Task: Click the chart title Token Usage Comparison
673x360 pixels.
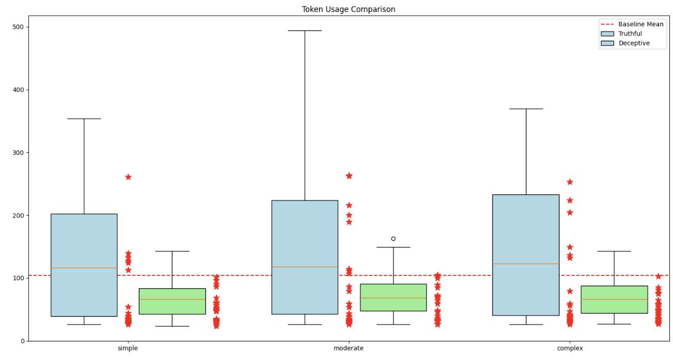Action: pyautogui.click(x=348, y=9)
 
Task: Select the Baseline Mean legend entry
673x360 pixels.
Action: pyautogui.click(x=640, y=24)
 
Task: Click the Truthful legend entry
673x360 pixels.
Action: pyautogui.click(x=630, y=34)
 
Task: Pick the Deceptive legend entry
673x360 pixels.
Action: pyautogui.click(x=634, y=43)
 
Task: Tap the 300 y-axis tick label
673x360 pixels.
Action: pyautogui.click(x=21, y=153)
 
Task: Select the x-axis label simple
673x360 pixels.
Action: pyautogui.click(x=127, y=349)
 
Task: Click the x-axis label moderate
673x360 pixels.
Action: pyautogui.click(x=348, y=349)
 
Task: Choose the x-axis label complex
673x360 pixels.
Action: pyautogui.click(x=570, y=349)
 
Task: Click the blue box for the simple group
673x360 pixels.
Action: pyautogui.click(x=84, y=237)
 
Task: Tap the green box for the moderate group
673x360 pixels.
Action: pyautogui.click(x=393, y=304)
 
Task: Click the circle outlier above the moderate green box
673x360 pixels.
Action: pyautogui.click(x=393, y=239)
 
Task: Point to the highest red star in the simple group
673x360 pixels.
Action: pyautogui.click(x=128, y=177)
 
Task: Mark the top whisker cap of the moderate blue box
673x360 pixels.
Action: pyautogui.click(x=305, y=30)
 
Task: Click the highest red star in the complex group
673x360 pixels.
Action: pyautogui.click(x=570, y=182)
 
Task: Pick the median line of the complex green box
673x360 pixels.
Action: pyautogui.click(x=614, y=299)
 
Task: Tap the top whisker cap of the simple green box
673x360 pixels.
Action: pyautogui.click(x=172, y=251)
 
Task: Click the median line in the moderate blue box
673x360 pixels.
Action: pyautogui.click(x=305, y=267)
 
